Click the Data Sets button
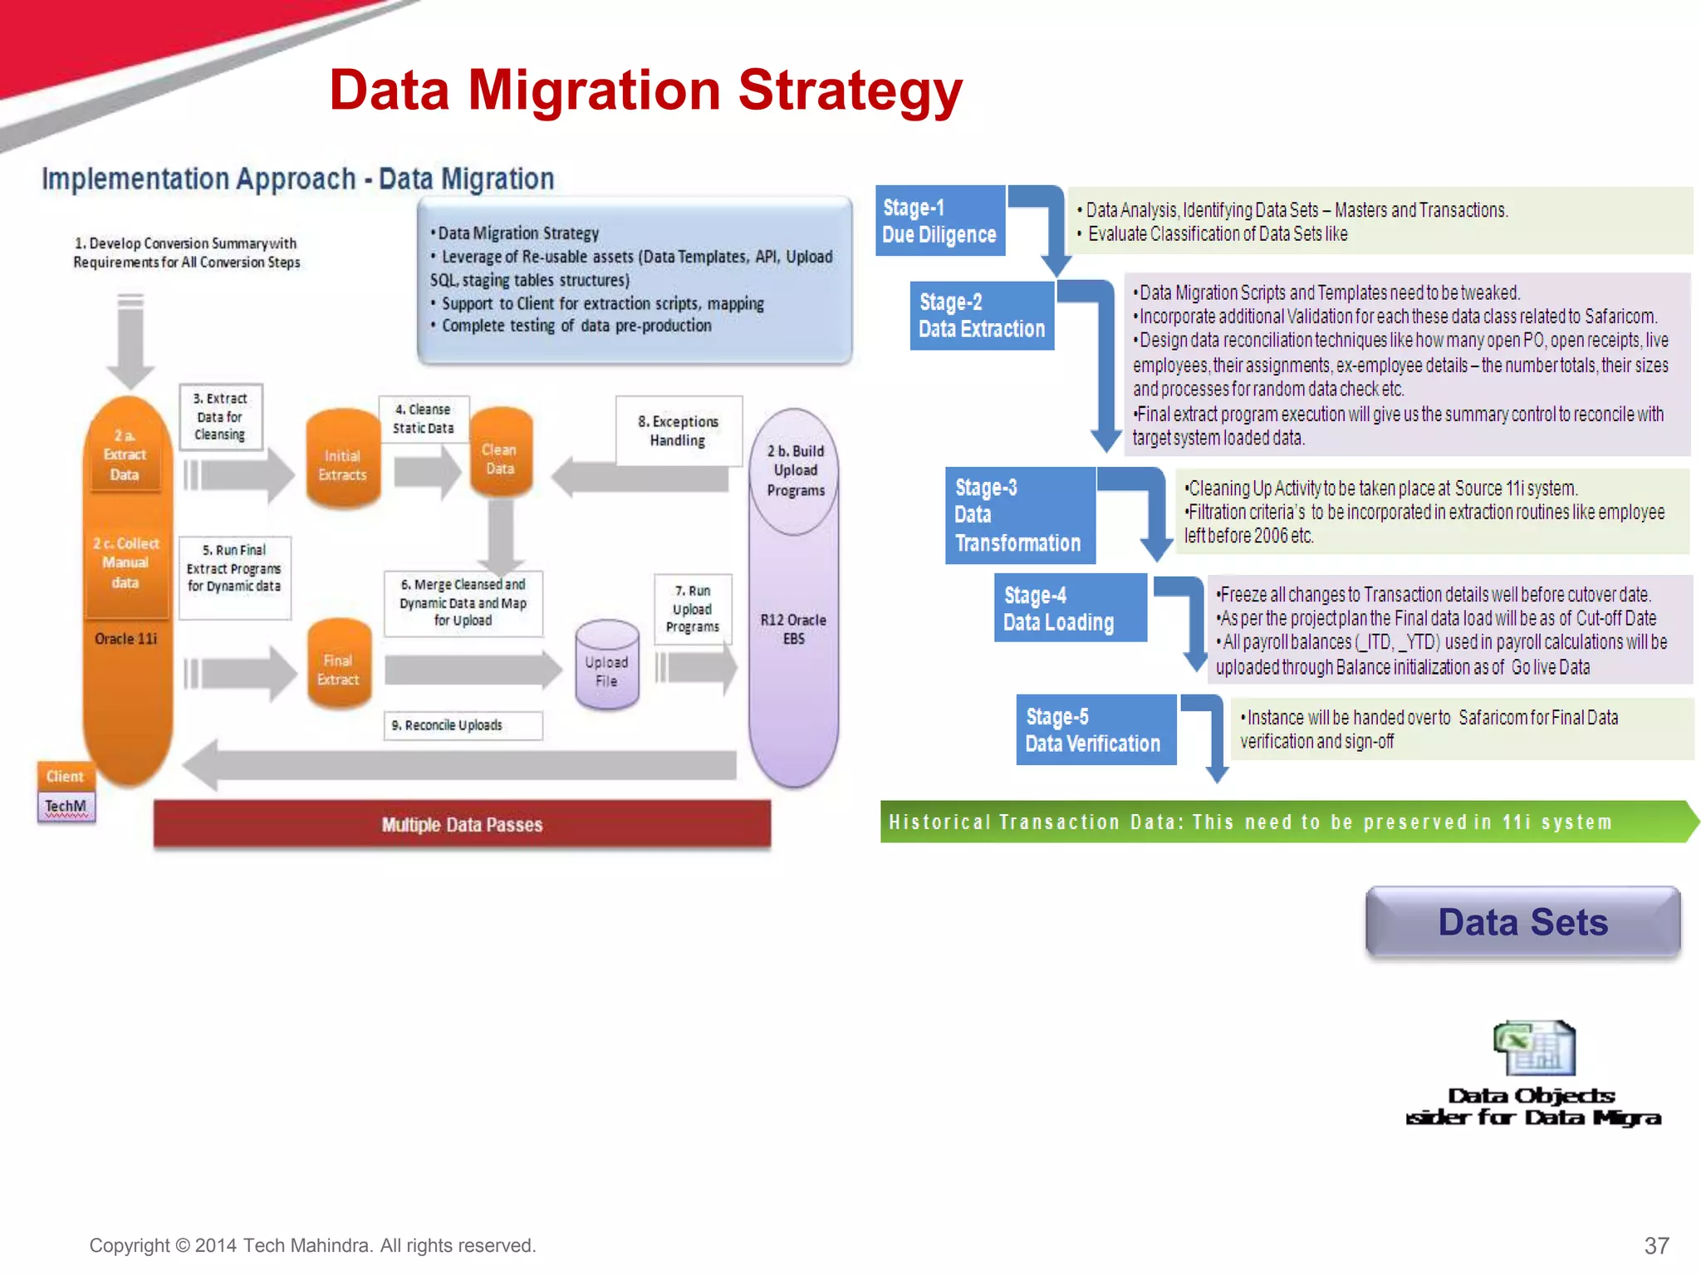pyautogui.click(x=1522, y=922)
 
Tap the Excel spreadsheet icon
pyautogui.click(x=1534, y=1048)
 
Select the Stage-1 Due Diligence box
pyautogui.click(x=939, y=221)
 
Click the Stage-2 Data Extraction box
pyautogui.click(x=981, y=316)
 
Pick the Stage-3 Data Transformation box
pyautogui.click(x=1019, y=515)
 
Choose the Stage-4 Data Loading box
pyautogui.click(x=1069, y=608)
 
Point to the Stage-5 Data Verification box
pyautogui.click(x=1095, y=729)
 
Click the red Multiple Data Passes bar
pyautogui.click(x=462, y=824)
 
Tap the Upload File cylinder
pyautogui.click(x=607, y=666)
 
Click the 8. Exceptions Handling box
pyautogui.click(x=678, y=430)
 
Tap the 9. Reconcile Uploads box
pyautogui.click(x=462, y=725)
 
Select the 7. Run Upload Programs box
pyautogui.click(x=693, y=609)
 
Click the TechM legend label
pyautogui.click(x=66, y=806)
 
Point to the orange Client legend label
pyautogui.click(x=65, y=776)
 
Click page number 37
pyautogui.click(x=1656, y=1245)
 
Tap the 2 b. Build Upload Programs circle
pyautogui.click(x=795, y=471)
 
